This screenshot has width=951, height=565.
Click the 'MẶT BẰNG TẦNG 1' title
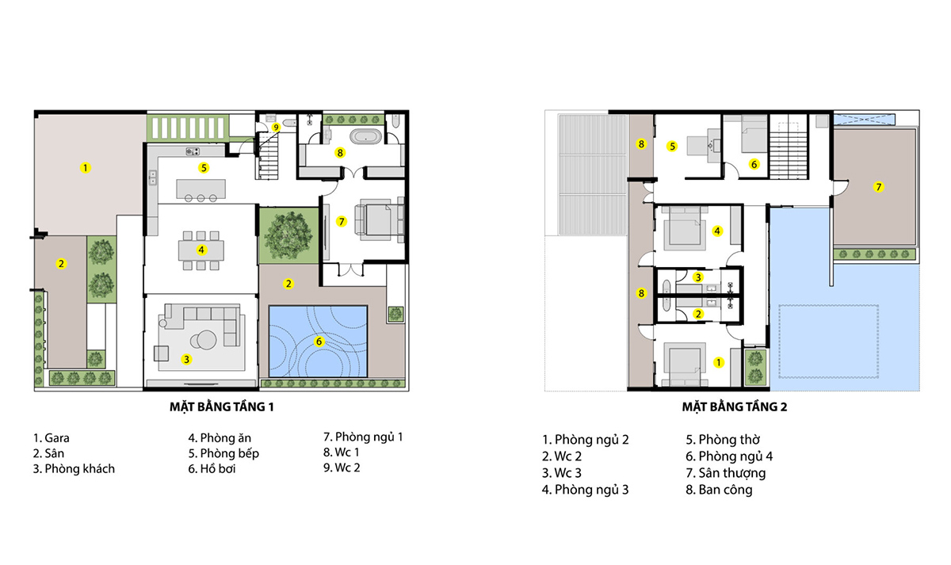[x=222, y=407]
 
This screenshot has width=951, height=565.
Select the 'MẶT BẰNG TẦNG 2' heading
[x=735, y=407]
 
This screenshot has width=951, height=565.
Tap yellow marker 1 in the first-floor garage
[x=86, y=168]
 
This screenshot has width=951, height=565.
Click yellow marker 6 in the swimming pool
[x=319, y=342]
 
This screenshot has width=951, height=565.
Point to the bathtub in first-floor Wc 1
[x=365, y=136]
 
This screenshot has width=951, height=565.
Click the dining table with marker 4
[x=201, y=250]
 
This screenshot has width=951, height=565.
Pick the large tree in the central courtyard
[x=288, y=235]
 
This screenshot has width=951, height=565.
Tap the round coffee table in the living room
[x=204, y=340]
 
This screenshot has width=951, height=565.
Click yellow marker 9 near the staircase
[x=277, y=128]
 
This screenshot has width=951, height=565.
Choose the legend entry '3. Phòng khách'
[x=74, y=468]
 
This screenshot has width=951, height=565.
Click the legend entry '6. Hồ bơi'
[x=212, y=468]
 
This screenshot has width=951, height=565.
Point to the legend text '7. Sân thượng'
[x=726, y=473]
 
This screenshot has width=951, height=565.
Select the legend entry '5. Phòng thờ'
[x=723, y=439]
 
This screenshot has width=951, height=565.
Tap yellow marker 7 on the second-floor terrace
[x=878, y=187]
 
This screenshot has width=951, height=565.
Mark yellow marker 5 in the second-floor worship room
[x=672, y=147]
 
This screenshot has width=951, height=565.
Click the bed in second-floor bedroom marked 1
[x=685, y=366]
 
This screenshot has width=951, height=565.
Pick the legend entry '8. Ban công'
[x=719, y=490]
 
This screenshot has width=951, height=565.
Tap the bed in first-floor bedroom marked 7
[x=379, y=220]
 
